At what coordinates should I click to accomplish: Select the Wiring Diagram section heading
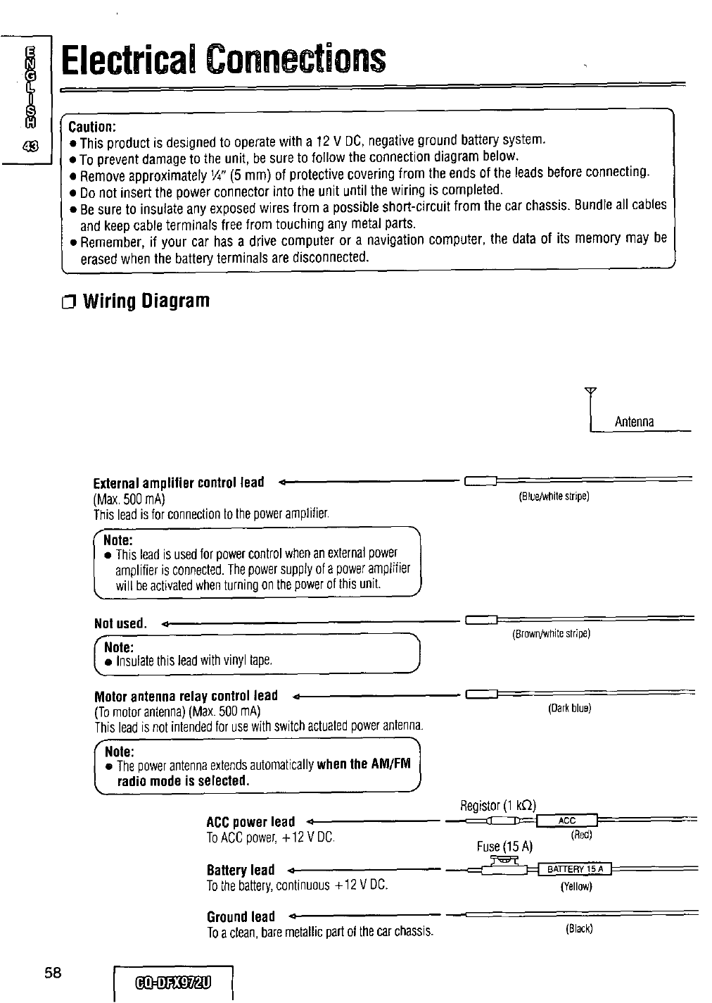(x=146, y=301)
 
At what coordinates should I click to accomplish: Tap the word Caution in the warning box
(x=91, y=127)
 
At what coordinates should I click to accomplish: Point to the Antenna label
(x=634, y=422)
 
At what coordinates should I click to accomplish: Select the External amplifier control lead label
(x=179, y=483)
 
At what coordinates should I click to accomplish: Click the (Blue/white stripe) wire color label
(x=553, y=496)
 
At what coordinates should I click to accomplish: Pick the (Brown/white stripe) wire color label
(x=550, y=633)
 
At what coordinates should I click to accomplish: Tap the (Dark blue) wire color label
(x=569, y=709)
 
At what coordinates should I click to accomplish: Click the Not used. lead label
(x=120, y=623)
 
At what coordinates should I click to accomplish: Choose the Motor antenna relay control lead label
(x=186, y=696)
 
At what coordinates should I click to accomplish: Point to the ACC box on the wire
(x=566, y=820)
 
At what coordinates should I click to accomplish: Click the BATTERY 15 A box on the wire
(x=576, y=868)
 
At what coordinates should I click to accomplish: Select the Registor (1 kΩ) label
(x=498, y=805)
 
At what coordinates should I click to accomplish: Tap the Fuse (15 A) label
(x=504, y=846)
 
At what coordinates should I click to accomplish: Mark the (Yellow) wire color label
(x=576, y=887)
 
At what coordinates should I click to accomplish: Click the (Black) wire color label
(x=579, y=928)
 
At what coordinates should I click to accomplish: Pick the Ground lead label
(x=241, y=916)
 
